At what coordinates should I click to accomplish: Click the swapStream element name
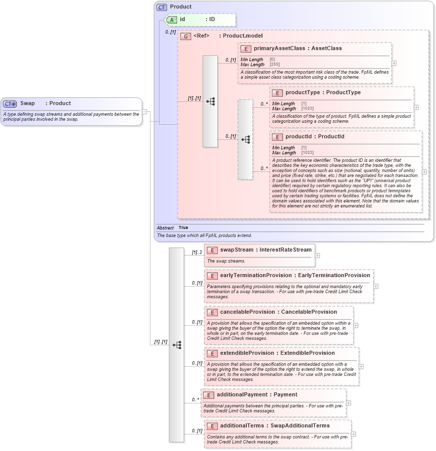click(x=237, y=250)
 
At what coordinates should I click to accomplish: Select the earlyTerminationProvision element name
click(x=255, y=275)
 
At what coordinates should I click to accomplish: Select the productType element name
click(x=303, y=93)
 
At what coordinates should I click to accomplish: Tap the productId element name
click(x=300, y=137)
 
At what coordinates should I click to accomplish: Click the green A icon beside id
click(x=172, y=20)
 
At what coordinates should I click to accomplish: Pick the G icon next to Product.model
click(x=186, y=36)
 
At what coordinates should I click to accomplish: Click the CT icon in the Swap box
click(x=10, y=104)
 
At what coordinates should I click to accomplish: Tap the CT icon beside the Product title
click(x=162, y=7)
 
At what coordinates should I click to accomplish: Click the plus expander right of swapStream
click(x=317, y=256)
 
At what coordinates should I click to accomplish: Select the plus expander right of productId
click(x=424, y=171)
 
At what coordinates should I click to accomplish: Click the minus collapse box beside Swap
click(x=144, y=112)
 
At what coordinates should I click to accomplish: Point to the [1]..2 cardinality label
click(x=197, y=252)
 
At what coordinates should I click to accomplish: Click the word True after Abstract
click(x=184, y=228)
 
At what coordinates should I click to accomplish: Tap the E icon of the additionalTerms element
click(x=212, y=426)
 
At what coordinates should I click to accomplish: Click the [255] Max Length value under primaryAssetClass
click(x=274, y=65)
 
